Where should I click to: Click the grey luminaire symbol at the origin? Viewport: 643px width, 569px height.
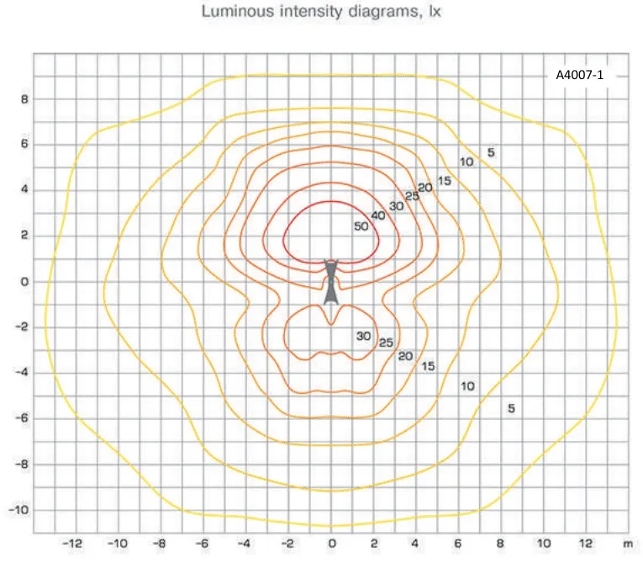pos(331,281)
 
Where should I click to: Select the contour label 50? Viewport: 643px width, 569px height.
pos(361,226)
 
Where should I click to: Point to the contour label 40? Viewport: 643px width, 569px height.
pos(378,215)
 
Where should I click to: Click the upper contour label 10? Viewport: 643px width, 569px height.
pos(466,162)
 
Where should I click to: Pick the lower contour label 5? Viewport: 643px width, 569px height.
pos(511,408)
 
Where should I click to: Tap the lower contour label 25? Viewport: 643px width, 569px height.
pos(386,343)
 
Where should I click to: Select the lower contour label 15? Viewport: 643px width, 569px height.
pos(428,366)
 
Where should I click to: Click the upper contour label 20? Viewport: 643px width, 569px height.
pos(424,188)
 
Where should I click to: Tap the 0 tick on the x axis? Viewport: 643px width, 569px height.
pos(332,544)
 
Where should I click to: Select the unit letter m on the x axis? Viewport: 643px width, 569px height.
pos(627,544)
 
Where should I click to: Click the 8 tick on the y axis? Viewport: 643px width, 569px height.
pos(24,98)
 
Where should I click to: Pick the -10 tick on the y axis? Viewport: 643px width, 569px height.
pos(19,510)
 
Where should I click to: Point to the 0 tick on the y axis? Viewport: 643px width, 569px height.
pos(24,281)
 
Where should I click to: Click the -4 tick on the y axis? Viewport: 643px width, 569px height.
pos(22,372)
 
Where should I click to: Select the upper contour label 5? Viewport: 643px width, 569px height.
pos(491,152)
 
